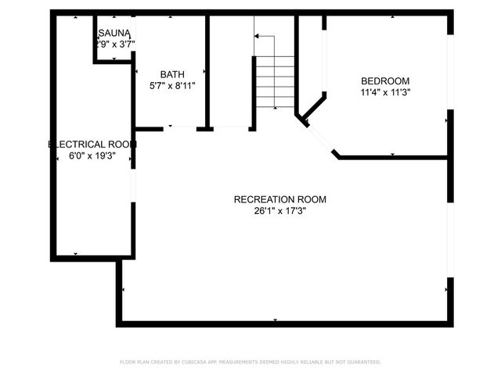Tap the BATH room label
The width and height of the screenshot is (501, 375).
point(172,74)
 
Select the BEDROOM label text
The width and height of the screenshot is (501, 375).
point(384,80)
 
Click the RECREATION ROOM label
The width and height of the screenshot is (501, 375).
point(279,199)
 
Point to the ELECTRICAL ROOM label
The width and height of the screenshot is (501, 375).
point(92,145)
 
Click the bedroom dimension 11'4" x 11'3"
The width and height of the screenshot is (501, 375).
point(384,91)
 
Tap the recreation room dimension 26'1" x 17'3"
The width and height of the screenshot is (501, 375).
point(279,210)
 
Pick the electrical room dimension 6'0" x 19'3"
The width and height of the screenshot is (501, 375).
point(92,156)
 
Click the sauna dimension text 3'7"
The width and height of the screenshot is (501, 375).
point(124,44)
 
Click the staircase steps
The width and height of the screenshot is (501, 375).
point(274,82)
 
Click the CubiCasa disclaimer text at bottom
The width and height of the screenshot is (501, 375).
point(250,362)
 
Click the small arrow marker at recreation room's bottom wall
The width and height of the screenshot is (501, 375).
point(276,320)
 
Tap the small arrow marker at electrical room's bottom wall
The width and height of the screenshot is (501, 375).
point(75,254)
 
